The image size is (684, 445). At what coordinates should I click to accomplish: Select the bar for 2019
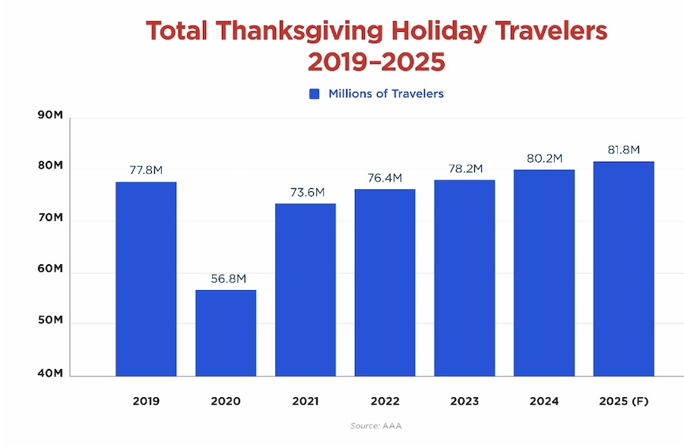[x=146, y=279]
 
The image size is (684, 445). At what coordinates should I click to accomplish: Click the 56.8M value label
[x=226, y=279]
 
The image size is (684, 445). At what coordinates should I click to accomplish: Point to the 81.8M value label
[x=623, y=150]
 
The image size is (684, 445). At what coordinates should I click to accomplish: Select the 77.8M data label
[x=146, y=170]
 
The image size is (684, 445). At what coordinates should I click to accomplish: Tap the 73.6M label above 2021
[x=306, y=192]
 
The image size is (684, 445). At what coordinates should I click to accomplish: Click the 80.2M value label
[x=544, y=158]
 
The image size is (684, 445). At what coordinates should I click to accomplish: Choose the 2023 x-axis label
[x=464, y=400]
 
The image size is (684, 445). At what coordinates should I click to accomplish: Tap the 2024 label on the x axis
[x=544, y=400]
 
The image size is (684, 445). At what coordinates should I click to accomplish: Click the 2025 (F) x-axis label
[x=623, y=400]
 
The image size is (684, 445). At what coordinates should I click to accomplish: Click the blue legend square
[x=315, y=94]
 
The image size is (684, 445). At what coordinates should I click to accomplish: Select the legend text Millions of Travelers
[x=385, y=94]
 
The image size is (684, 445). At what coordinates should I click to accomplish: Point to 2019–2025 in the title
[x=376, y=62]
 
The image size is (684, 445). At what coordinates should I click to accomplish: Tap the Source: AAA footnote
[x=375, y=426]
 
